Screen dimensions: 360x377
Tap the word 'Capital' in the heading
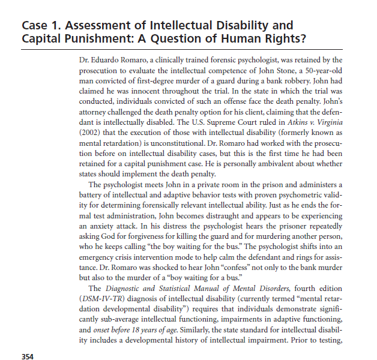pyautogui.click(x=44, y=40)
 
